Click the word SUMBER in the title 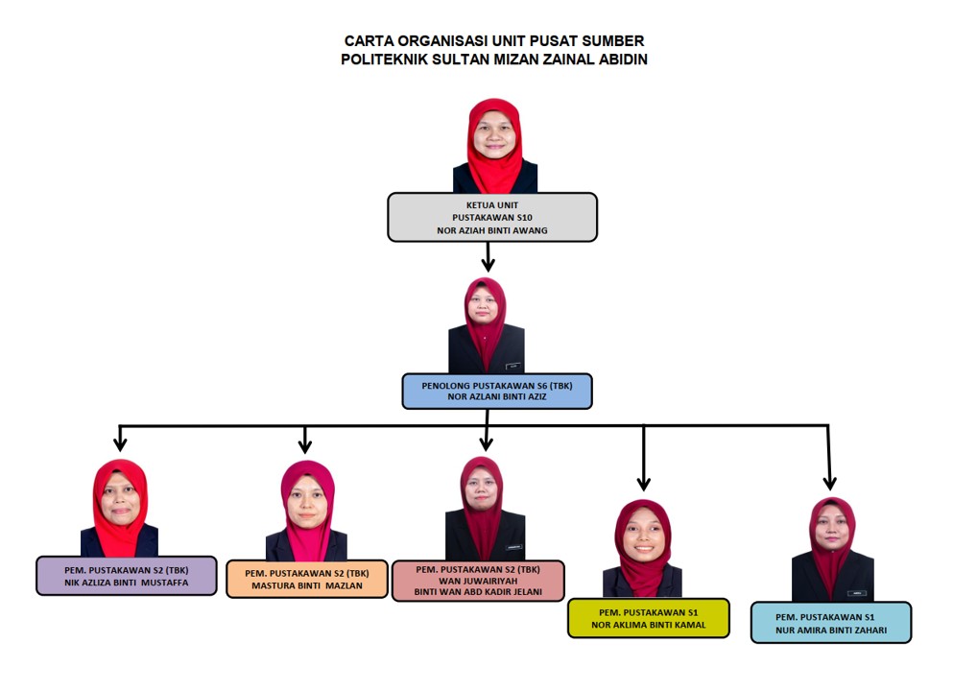tap(612, 41)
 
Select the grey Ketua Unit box tap(492, 217)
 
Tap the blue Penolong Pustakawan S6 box tap(496, 392)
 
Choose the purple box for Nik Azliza tap(127, 576)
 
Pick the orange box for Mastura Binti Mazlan tap(307, 579)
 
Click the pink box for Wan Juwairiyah tap(478, 581)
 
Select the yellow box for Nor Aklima tap(649, 618)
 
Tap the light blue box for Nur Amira tap(831, 623)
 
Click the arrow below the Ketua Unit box tap(488, 256)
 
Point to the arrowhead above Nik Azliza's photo tap(120, 443)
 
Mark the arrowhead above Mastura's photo tap(304, 445)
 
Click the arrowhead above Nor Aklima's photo tap(644, 483)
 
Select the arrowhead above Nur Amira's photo tap(829, 483)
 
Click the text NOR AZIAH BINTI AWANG tap(492, 230)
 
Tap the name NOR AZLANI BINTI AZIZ tap(496, 396)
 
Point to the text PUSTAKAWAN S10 tap(492, 218)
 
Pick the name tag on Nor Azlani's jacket tap(512, 366)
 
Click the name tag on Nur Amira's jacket tap(857, 593)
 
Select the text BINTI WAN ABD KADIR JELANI tap(478, 592)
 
